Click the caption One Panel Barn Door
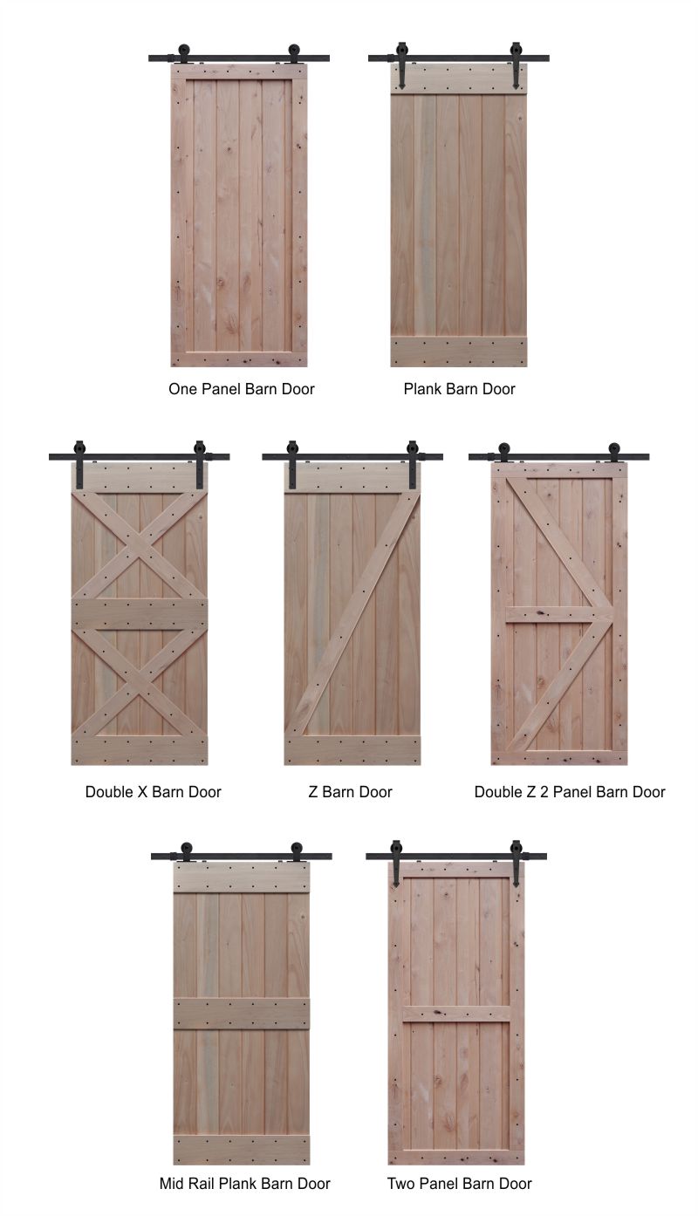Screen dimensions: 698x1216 tap(242, 389)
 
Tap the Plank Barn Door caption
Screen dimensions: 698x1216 tap(459, 389)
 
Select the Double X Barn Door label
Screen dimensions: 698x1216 tap(153, 791)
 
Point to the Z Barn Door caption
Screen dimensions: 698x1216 tap(350, 791)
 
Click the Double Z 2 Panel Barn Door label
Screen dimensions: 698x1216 tap(570, 791)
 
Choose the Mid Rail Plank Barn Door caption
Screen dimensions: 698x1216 tap(245, 1184)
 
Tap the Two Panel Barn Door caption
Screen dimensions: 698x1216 tap(459, 1184)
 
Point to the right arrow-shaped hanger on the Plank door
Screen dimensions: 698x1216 tap(515, 65)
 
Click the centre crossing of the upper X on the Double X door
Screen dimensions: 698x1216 tap(140, 545)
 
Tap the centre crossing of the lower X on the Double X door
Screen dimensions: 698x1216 tap(140, 682)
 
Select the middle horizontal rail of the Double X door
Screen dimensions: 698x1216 tap(140, 614)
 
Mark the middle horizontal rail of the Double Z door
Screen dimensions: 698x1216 tap(559, 614)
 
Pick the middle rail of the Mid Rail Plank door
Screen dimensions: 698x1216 tap(242, 1014)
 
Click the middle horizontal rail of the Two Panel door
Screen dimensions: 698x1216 tap(456, 1014)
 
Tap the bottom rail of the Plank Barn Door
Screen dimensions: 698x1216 tap(459, 352)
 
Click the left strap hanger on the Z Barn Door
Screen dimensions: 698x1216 tap(292, 464)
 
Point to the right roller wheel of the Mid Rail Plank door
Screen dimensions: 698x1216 tap(297, 850)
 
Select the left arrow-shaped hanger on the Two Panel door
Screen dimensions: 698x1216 tap(395, 863)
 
